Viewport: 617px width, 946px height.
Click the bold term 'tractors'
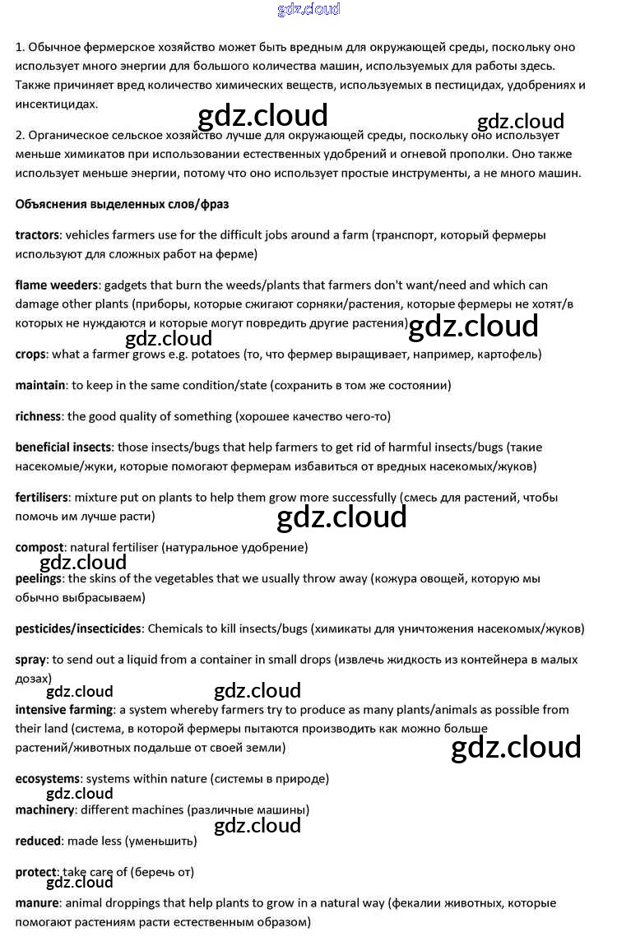[39, 235]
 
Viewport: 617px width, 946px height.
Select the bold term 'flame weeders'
[57, 285]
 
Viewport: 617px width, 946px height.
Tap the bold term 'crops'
[31, 355]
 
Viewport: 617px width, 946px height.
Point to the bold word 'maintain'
[40, 385]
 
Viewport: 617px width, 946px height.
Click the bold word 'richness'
[38, 416]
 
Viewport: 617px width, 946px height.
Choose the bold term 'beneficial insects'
[63, 447]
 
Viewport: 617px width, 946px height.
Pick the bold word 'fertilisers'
[42, 498]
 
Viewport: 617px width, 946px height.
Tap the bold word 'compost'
[39, 547]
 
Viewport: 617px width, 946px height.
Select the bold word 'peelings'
[39, 578]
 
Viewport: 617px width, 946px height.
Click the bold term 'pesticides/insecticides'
[78, 628]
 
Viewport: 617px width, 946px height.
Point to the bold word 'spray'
[30, 660]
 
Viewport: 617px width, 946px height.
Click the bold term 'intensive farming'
[63, 709]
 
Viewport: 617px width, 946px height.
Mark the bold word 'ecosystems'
[48, 778]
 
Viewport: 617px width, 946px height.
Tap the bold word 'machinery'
[44, 809]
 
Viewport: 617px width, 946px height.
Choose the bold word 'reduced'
[38, 841]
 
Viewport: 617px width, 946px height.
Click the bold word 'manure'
[37, 903]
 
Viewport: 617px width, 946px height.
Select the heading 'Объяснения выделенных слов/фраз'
[122, 203]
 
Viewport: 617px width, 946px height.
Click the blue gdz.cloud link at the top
[308, 10]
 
